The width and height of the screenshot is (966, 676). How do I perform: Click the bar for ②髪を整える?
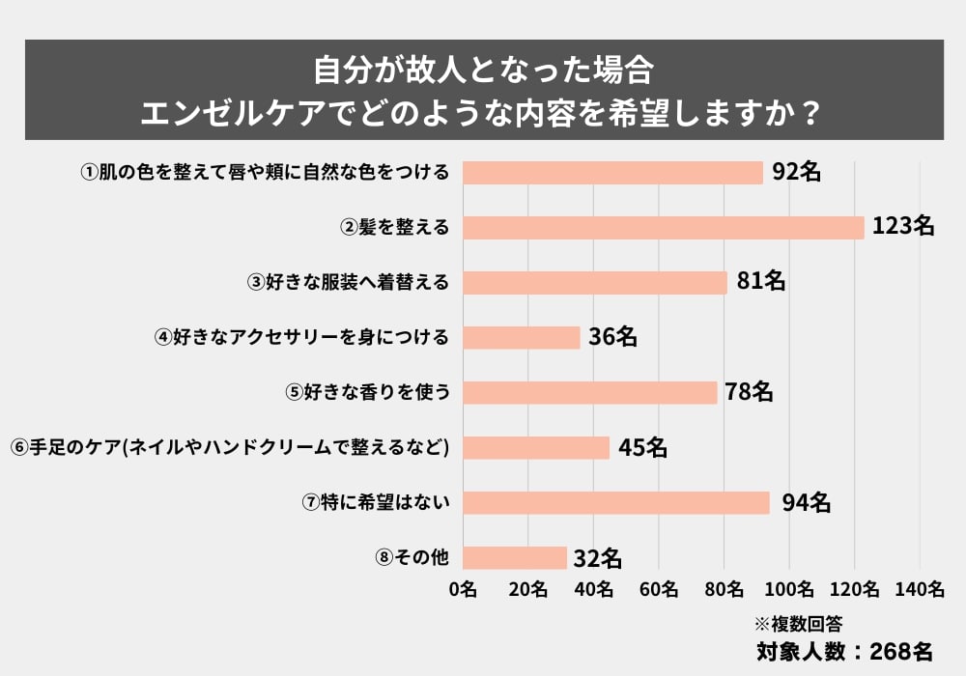[663, 227]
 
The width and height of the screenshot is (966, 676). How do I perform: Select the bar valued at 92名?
[612, 172]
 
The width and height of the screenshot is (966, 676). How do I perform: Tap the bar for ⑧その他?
[515, 558]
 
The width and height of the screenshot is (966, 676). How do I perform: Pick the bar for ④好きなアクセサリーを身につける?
[522, 337]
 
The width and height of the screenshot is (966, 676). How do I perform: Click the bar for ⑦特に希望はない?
[616, 503]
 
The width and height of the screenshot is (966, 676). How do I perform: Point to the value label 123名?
[902, 227]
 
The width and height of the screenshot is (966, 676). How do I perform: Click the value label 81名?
[760, 282]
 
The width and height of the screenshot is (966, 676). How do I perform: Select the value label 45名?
[642, 447]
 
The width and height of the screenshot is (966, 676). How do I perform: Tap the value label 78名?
[750, 392]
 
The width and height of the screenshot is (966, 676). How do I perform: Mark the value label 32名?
[597, 558]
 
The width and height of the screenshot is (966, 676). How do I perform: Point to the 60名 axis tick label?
[659, 589]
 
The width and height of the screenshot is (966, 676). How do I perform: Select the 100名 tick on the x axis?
[789, 589]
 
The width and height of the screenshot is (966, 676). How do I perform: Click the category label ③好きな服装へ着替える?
[349, 282]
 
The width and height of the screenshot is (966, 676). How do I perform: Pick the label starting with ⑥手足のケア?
[231, 447]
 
